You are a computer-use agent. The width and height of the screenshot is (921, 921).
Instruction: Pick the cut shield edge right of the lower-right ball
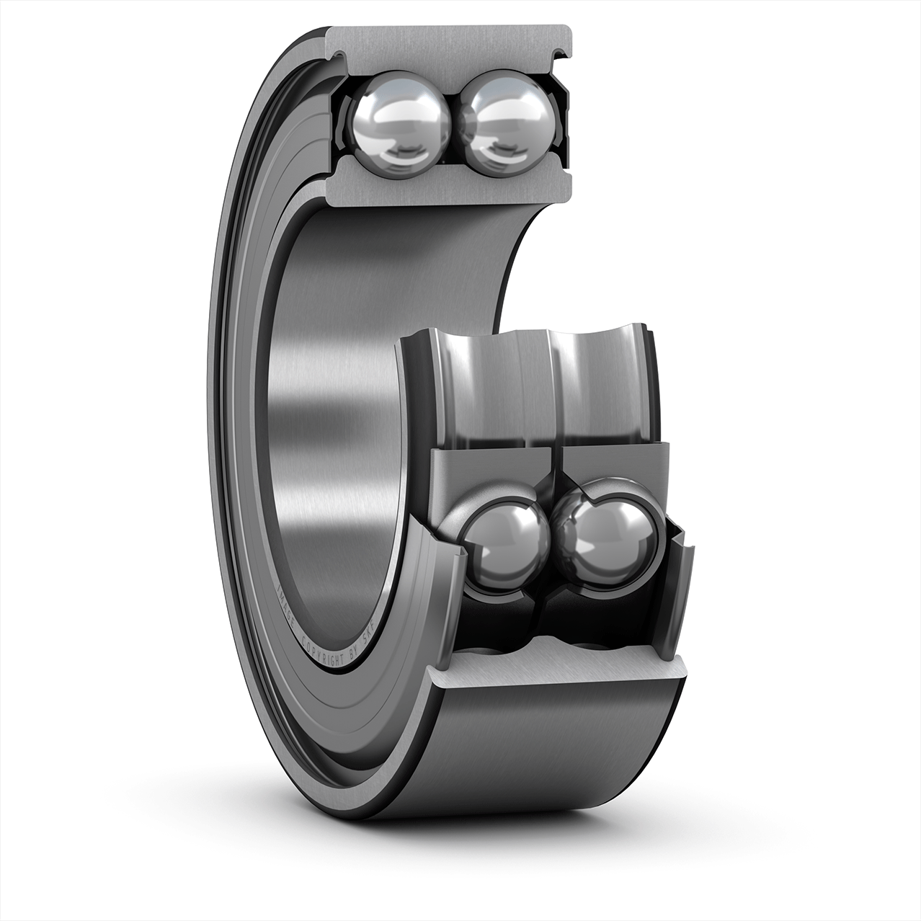(x=681, y=577)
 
